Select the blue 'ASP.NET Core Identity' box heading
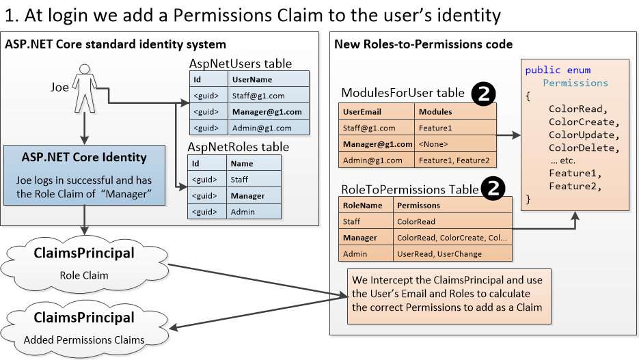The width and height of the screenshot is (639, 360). tap(85, 157)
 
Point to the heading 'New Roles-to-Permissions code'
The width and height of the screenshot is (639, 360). tap(423, 44)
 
